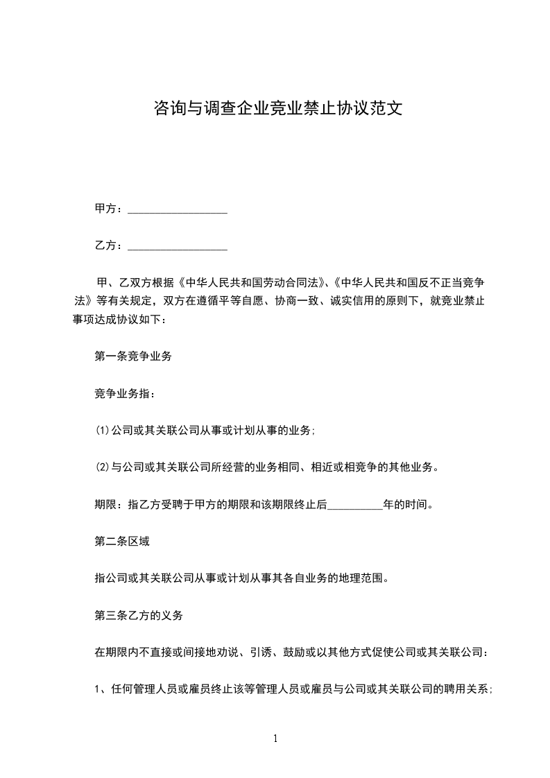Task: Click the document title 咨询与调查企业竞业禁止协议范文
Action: click(x=277, y=109)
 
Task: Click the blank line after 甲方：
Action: click(x=178, y=209)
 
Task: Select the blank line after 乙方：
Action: click(x=178, y=246)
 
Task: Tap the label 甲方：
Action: click(x=110, y=209)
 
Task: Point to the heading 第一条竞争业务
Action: click(x=133, y=357)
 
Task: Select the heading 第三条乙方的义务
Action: click(x=139, y=615)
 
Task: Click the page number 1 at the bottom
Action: click(x=275, y=738)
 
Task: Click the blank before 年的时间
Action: click(x=354, y=505)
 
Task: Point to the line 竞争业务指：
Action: click(x=125, y=394)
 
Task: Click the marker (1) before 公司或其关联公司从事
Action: click(x=103, y=431)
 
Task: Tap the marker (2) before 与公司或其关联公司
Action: click(x=103, y=468)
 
